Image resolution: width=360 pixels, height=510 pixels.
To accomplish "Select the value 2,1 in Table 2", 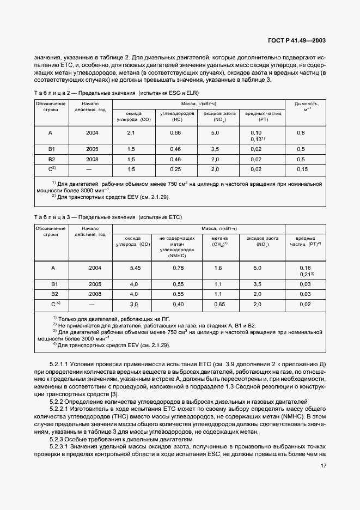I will click(x=131, y=133).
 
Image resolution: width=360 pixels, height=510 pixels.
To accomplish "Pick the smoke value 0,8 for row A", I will click(x=301, y=133).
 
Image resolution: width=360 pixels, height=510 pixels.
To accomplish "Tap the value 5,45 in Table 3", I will click(x=136, y=268).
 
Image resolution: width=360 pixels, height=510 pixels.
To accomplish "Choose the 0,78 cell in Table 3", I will click(x=178, y=268).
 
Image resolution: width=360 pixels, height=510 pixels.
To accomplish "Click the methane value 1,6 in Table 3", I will click(x=218, y=268).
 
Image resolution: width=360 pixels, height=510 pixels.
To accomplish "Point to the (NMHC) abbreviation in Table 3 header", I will click(x=178, y=254).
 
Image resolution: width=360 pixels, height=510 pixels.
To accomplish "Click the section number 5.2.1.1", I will click(x=62, y=362).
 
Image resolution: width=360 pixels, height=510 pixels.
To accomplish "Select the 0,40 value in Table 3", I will click(x=178, y=304).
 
